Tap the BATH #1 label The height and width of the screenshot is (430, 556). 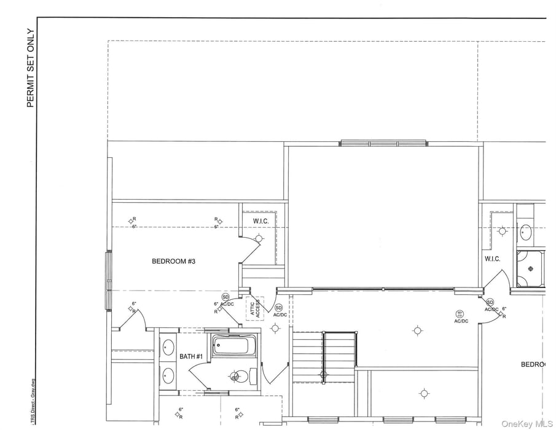[191, 357]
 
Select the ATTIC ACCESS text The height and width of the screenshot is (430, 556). [254, 307]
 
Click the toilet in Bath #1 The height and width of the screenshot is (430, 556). [238, 375]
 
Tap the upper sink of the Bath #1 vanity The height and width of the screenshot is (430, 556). [168, 346]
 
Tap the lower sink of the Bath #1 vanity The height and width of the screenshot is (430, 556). [168, 374]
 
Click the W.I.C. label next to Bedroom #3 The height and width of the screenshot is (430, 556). [261, 221]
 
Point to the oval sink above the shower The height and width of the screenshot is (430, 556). [526, 232]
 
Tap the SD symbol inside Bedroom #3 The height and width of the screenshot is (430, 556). [225, 297]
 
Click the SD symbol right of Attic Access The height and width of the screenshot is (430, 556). [278, 307]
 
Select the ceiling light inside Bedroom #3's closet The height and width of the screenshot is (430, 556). [259, 238]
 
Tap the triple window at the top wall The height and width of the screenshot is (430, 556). [383, 143]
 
